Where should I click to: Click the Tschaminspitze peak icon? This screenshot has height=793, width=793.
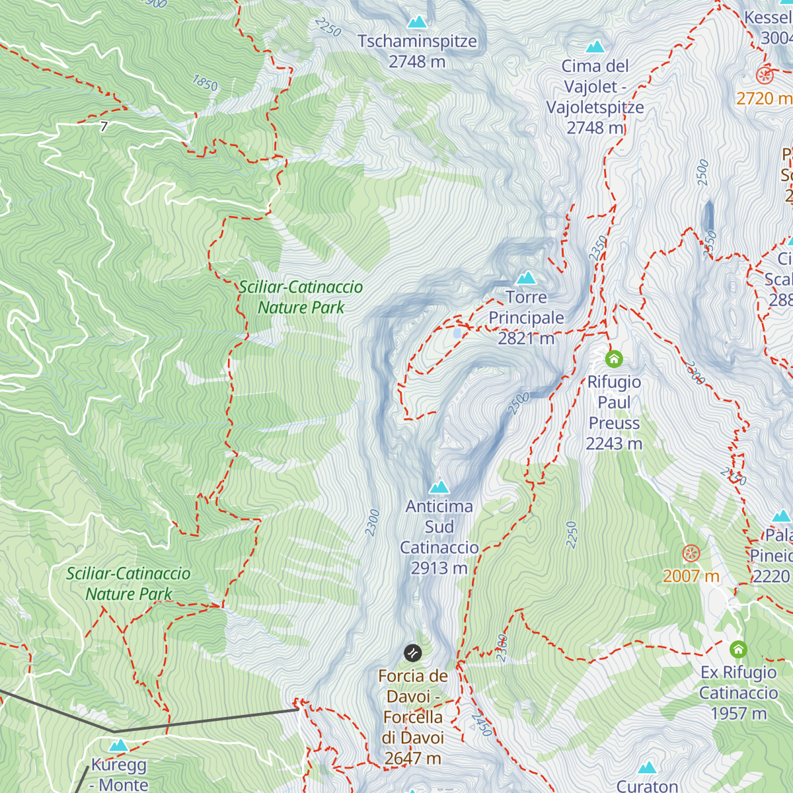point(417,22)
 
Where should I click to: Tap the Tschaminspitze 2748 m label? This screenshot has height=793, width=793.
point(417,52)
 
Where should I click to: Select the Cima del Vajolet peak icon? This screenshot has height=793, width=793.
point(595,47)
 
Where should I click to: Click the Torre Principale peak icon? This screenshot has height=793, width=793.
point(526,278)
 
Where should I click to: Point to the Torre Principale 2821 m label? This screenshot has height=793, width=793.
point(526,318)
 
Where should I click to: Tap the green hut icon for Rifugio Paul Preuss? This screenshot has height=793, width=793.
point(614,359)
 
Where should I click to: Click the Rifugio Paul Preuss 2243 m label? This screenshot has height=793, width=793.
point(614,412)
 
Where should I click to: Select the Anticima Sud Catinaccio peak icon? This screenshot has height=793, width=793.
point(439,487)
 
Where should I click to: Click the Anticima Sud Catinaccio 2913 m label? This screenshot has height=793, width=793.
point(439,537)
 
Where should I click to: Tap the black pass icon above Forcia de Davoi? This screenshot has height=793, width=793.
point(413,653)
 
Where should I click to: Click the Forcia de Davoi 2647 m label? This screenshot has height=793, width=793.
point(413,717)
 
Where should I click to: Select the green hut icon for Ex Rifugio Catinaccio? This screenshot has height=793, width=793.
point(738,649)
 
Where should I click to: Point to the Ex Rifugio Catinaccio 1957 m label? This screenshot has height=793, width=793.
point(738,693)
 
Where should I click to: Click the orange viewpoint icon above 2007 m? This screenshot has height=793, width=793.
point(691,553)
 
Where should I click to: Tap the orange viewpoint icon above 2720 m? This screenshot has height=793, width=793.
point(765,75)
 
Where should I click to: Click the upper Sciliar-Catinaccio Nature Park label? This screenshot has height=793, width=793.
point(301,297)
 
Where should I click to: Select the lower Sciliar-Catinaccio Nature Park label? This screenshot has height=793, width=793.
point(128,584)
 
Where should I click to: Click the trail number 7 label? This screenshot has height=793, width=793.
point(104,126)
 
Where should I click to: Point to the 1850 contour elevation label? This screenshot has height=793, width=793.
point(205,83)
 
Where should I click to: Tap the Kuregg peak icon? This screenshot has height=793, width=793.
point(118,745)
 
